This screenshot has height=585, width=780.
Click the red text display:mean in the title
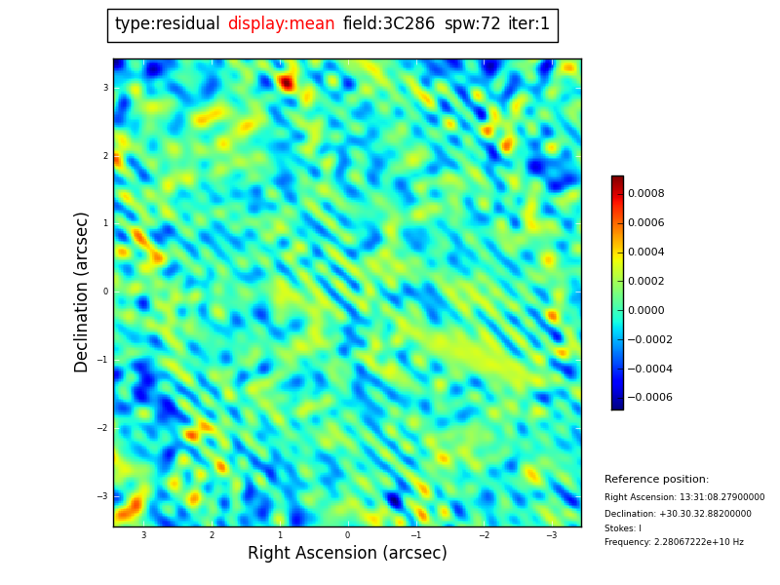(x=281, y=24)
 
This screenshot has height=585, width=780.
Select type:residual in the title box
(x=167, y=24)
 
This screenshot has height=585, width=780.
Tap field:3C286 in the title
(x=388, y=24)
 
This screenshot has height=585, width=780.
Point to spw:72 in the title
(x=472, y=24)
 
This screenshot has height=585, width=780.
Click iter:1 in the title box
(x=528, y=24)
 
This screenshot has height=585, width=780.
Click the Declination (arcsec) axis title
(x=82, y=292)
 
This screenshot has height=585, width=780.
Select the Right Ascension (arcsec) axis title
(x=347, y=554)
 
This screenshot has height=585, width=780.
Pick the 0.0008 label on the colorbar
(x=645, y=194)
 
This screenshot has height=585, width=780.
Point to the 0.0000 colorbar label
(x=645, y=311)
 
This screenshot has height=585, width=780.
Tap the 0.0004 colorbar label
(x=645, y=253)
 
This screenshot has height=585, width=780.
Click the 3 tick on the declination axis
(x=105, y=88)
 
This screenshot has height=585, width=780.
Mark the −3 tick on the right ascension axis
(x=551, y=535)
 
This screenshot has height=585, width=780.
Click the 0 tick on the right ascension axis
(x=347, y=535)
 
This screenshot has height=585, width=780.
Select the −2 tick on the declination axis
(x=102, y=428)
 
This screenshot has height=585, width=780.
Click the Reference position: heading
(x=656, y=480)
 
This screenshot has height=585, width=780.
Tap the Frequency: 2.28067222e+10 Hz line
(x=674, y=542)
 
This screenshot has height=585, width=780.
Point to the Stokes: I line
(x=623, y=528)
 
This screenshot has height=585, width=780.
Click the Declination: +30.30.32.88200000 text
(x=678, y=514)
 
